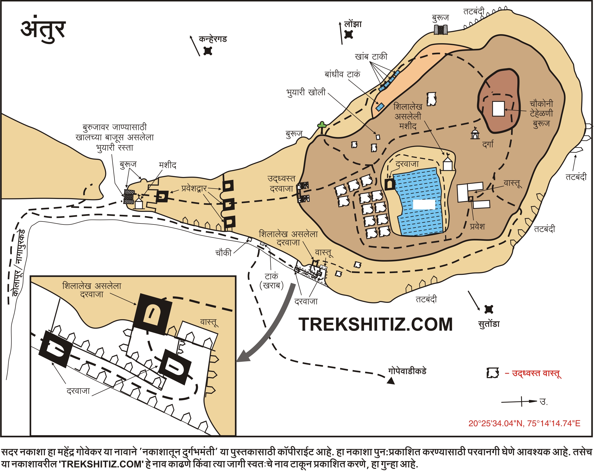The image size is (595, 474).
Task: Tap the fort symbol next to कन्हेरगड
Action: click(x=208, y=51)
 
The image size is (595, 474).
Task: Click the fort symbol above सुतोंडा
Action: click(x=489, y=309)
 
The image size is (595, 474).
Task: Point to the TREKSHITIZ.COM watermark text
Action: click(x=376, y=325)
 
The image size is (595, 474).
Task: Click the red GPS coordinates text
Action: click(x=524, y=423)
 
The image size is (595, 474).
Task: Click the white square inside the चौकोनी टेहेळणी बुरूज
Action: click(x=498, y=108)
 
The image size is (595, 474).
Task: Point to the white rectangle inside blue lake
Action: click(x=424, y=205)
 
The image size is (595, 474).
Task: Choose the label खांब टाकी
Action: click(x=371, y=57)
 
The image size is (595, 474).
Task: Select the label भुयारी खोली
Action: click(x=306, y=93)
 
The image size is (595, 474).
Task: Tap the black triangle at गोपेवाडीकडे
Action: click(x=391, y=381)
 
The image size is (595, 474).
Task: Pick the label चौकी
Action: click(x=223, y=253)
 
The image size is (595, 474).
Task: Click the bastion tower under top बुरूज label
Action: click(x=441, y=30)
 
